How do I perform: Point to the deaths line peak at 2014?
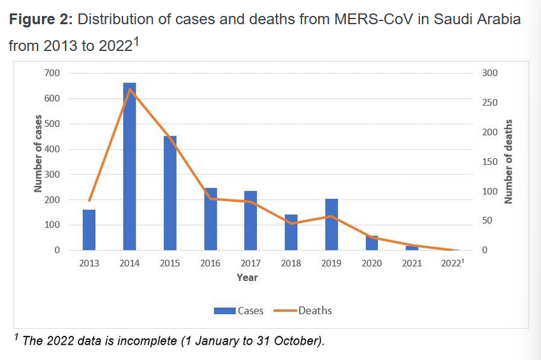click(x=129, y=89)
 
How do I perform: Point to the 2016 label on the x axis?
click(x=210, y=264)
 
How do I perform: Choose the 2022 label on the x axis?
click(x=452, y=264)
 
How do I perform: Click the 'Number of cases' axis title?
click(x=38, y=153)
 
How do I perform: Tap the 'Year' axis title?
click(x=247, y=278)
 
